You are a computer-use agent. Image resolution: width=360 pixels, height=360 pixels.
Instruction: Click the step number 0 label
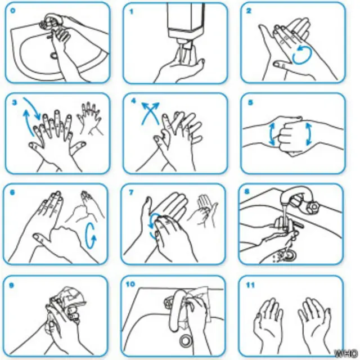[13, 11]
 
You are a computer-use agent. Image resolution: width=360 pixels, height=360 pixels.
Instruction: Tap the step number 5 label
[250, 102]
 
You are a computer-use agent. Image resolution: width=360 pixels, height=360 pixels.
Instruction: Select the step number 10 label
[130, 284]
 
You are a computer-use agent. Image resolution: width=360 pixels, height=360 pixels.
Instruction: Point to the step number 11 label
[250, 285]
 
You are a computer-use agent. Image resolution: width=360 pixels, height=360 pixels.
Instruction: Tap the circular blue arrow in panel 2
[302, 55]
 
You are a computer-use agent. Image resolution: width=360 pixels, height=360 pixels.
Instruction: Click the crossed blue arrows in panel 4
[150, 113]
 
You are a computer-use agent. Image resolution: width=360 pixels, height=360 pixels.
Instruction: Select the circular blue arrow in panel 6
[91, 235]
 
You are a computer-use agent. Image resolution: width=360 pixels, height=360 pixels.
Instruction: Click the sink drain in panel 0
[54, 55]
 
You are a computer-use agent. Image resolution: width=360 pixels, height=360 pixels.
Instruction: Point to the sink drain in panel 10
[185, 340]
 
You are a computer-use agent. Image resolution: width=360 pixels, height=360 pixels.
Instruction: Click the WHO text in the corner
[346, 353]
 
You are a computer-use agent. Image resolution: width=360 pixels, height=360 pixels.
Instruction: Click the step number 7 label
[131, 192]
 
